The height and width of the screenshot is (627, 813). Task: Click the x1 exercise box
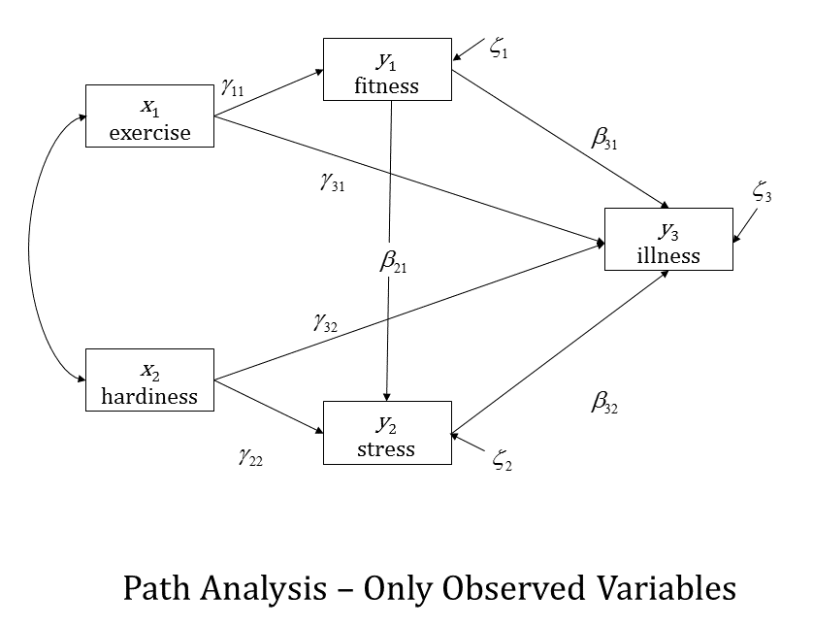click(x=149, y=116)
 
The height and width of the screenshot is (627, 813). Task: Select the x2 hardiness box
click(x=149, y=380)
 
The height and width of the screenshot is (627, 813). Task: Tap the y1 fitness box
click(x=387, y=70)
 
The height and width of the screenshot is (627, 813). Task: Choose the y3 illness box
click(x=668, y=239)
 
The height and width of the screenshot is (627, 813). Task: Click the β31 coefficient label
click(x=604, y=139)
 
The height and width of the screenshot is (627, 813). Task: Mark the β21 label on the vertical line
click(x=393, y=262)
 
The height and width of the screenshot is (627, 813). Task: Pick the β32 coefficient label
click(x=604, y=402)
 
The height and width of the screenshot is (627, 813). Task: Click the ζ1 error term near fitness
click(x=500, y=50)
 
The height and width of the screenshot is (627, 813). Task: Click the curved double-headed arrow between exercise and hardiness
click(x=31, y=247)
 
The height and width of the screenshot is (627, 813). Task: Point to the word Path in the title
click(x=156, y=588)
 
